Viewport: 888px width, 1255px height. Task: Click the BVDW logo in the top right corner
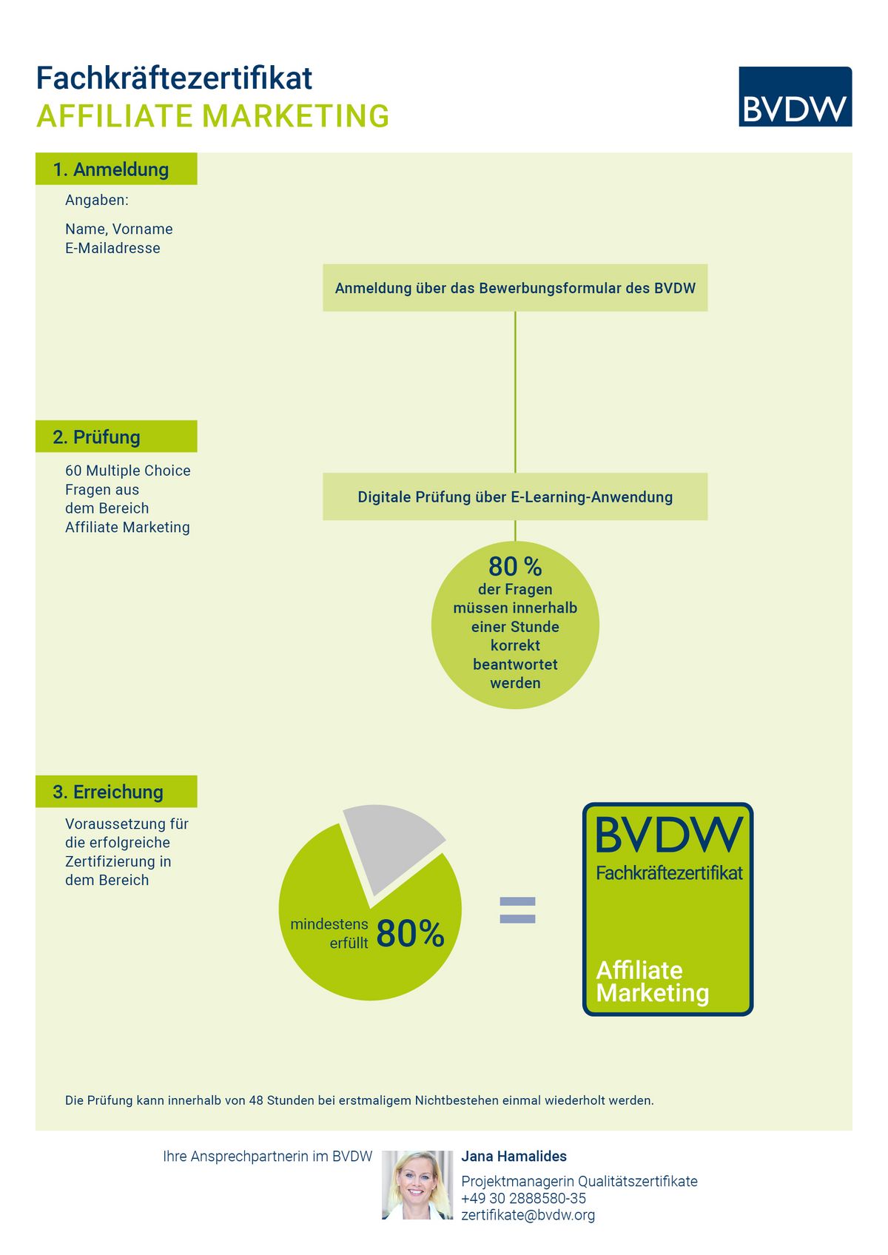point(795,96)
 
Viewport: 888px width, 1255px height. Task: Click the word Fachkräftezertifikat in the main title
point(174,78)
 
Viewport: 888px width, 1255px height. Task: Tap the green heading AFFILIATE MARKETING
point(213,116)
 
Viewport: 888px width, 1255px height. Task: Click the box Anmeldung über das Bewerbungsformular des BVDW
point(515,287)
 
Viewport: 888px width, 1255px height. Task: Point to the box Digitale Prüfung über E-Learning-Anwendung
point(515,497)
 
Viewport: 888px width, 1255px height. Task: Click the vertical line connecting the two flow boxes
point(515,392)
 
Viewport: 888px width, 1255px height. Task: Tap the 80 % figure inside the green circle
point(515,566)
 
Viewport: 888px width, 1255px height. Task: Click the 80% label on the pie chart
point(410,933)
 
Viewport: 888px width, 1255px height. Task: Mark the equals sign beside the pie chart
point(517,910)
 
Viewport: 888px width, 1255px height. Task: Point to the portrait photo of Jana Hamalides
point(417,1185)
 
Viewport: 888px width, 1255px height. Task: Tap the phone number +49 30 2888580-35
point(523,1198)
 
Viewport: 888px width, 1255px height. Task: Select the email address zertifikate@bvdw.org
point(528,1214)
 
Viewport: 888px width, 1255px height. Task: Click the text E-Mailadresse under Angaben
point(112,248)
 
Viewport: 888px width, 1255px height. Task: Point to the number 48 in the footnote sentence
point(256,1100)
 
